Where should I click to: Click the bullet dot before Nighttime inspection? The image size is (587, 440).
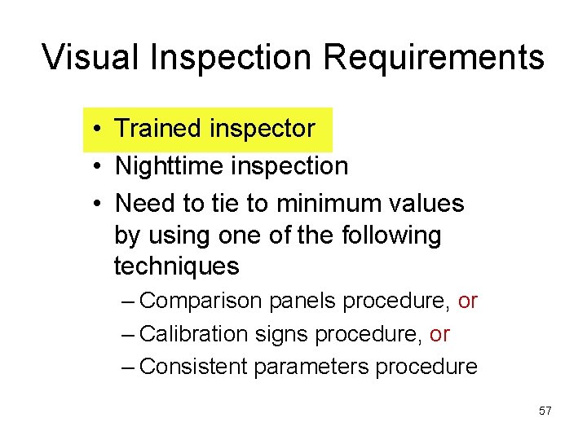(x=96, y=166)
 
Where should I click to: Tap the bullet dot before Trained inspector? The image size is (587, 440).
(x=96, y=129)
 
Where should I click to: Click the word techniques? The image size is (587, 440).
(x=176, y=266)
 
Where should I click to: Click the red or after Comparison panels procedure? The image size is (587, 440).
(x=467, y=301)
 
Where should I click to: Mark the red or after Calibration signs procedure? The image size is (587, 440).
(x=439, y=334)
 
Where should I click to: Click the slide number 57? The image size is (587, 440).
(x=545, y=411)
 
